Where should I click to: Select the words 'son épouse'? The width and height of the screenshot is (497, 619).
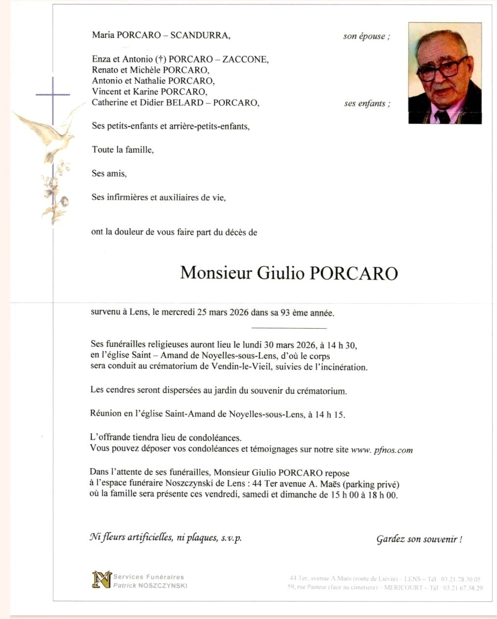366,36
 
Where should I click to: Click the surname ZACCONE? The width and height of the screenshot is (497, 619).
245,59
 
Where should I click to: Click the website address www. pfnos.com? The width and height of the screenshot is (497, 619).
382,450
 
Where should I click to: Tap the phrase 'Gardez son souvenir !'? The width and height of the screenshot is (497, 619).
419,539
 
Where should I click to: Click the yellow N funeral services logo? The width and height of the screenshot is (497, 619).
102,579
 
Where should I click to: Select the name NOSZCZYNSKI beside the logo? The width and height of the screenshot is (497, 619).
162,586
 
